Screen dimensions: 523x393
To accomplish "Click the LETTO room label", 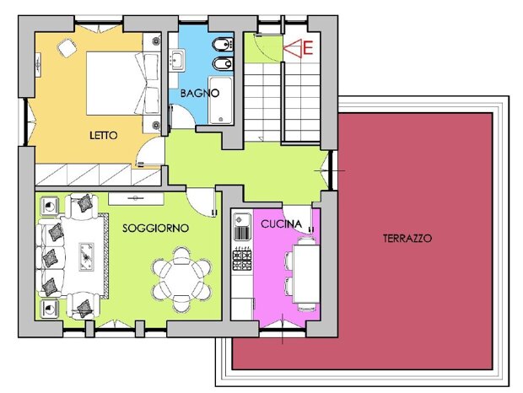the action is [104, 135].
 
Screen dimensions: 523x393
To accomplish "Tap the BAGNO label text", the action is [199, 93].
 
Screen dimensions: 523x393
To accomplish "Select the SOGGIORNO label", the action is [155, 229].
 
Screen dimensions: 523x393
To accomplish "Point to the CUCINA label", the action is [281, 224].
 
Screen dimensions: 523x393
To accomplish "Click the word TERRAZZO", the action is [407, 239].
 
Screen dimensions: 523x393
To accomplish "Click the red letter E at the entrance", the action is [308, 48].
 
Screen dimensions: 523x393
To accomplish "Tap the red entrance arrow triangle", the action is [293, 48].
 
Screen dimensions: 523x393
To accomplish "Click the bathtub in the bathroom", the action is [220, 100].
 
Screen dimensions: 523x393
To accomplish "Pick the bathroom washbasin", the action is [176, 60].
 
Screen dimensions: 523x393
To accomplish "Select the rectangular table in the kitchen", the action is [306, 274].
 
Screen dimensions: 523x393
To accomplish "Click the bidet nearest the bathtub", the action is [223, 63].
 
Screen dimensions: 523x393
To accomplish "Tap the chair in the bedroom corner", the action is [67, 48].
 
